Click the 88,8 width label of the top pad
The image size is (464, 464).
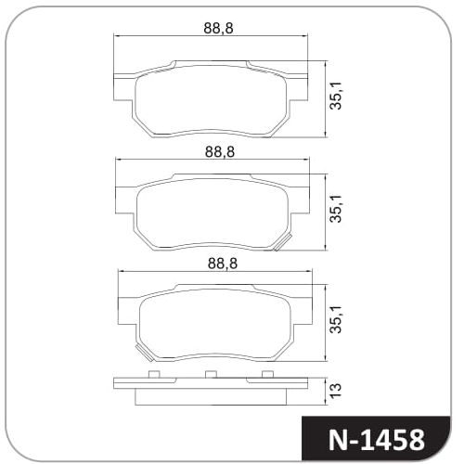218,28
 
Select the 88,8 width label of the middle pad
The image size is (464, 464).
220,152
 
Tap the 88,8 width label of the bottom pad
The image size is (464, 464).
223,264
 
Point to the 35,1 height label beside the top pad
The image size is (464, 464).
336,96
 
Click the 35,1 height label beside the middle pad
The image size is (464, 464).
336,209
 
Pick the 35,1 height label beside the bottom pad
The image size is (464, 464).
336,319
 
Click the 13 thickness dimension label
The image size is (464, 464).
336,391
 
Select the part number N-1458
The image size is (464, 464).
376,440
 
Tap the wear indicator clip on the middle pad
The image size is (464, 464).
283,242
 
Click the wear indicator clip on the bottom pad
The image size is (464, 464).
144,353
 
